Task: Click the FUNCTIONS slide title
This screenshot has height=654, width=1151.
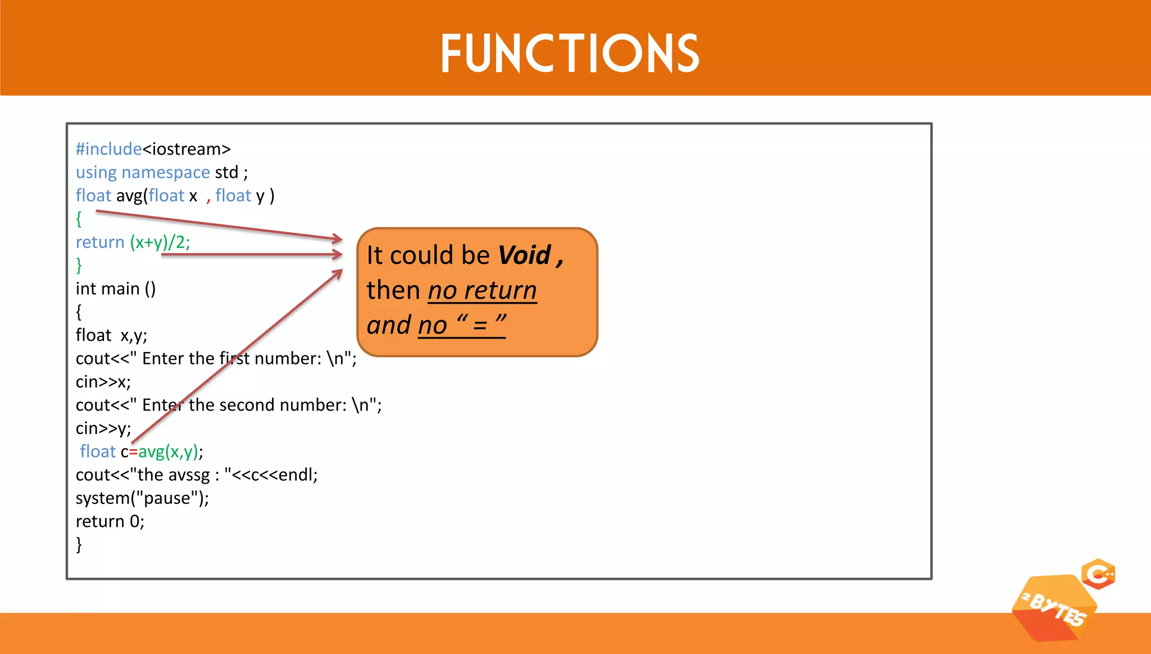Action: coord(569,53)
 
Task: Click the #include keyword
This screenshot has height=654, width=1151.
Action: coord(108,149)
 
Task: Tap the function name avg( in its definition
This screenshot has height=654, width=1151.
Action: coord(132,196)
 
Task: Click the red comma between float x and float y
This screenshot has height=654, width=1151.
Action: coord(208,197)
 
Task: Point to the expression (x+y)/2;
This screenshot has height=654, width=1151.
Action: coord(160,242)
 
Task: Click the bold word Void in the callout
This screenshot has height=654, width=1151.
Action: coord(524,255)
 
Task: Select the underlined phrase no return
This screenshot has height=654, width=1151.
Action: coord(482,291)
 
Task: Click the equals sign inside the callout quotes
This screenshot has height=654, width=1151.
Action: coord(480,326)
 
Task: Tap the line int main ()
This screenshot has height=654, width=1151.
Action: coord(116,288)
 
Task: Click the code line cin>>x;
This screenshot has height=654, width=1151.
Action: coord(103,382)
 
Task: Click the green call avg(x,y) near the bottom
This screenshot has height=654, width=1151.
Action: coord(168,452)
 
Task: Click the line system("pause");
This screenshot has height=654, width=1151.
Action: coord(142,498)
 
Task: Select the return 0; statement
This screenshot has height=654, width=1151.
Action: coord(110,521)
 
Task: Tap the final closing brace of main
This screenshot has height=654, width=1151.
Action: coord(79,544)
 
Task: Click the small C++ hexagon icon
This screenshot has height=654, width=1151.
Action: coord(1098,574)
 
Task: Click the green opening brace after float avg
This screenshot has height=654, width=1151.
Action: coord(79,219)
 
